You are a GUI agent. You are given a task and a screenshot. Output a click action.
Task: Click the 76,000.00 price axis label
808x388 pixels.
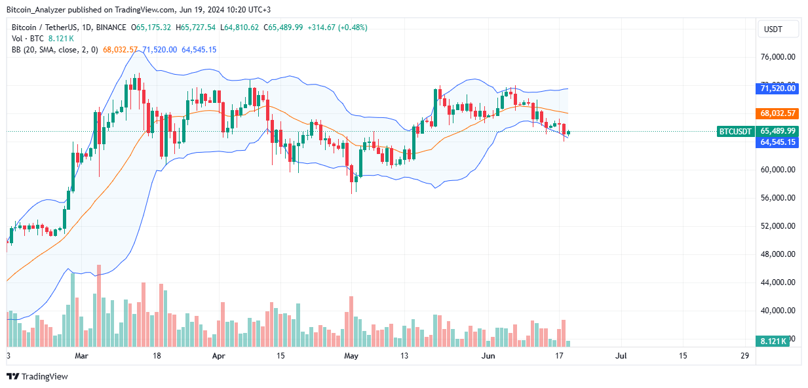coord(778,57)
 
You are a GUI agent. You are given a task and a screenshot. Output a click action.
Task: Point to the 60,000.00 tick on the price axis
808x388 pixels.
coord(778,170)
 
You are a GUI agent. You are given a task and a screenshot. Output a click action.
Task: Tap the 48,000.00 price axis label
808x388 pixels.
coord(778,254)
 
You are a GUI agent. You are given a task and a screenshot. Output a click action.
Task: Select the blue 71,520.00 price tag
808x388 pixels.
coord(778,88)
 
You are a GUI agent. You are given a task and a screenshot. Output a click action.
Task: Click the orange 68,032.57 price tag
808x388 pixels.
coord(778,113)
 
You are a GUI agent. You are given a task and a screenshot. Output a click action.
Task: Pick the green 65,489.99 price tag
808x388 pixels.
coord(778,131)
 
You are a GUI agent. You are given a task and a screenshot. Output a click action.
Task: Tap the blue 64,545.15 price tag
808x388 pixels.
coord(778,142)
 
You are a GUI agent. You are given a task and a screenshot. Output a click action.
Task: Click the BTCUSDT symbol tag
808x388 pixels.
coord(736,131)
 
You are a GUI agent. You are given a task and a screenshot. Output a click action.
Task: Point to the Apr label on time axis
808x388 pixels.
coord(219,356)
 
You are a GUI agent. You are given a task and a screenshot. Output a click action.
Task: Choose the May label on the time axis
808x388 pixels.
coord(352,356)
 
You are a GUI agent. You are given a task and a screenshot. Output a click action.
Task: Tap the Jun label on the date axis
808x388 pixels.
coord(487,356)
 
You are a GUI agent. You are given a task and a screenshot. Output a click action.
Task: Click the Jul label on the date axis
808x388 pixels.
coord(621,356)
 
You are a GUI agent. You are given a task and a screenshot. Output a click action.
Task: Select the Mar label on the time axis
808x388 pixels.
coord(81,356)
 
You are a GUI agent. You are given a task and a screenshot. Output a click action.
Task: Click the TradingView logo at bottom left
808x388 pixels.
coord(37,376)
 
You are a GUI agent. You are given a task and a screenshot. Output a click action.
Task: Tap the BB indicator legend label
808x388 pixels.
coord(16,50)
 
